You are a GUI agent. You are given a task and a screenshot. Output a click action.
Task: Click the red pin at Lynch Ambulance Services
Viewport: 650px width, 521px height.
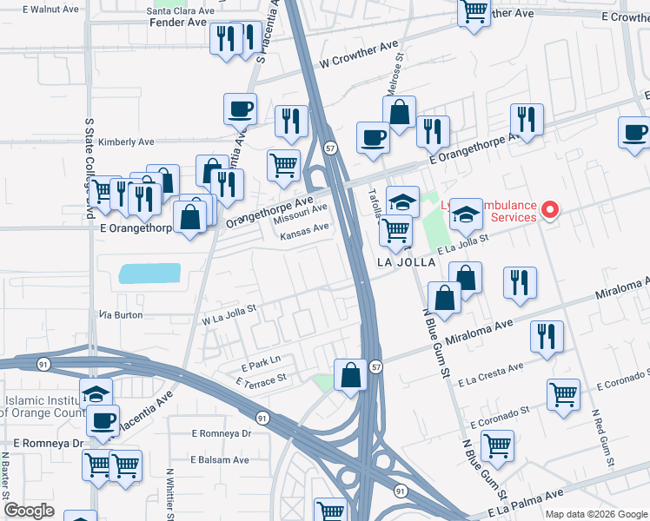click(548, 209)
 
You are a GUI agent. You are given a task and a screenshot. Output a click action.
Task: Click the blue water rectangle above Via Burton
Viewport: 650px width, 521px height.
click(149, 274)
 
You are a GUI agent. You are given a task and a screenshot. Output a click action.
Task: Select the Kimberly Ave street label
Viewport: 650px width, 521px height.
click(126, 142)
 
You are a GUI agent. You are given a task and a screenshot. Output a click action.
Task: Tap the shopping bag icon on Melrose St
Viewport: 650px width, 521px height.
click(399, 113)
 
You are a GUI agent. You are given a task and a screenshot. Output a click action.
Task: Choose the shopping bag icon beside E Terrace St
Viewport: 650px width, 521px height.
click(350, 375)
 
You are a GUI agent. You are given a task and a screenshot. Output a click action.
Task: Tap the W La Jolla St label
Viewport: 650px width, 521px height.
click(229, 320)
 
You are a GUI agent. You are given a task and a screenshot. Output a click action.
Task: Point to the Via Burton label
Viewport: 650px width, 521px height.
click(121, 314)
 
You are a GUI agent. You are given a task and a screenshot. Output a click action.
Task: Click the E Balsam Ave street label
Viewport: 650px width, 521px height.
click(220, 460)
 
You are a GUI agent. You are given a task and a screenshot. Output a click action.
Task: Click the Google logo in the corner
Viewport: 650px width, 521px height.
click(29, 511)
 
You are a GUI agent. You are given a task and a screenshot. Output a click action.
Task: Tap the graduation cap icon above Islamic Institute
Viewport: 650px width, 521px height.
click(96, 393)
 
